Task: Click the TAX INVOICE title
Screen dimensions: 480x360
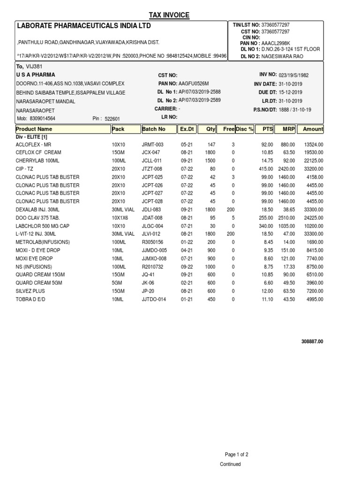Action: click(x=169, y=15)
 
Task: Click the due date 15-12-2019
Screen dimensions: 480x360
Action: click(x=291, y=92)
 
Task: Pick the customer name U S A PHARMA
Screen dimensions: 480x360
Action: click(x=36, y=75)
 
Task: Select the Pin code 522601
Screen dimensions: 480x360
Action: click(x=112, y=119)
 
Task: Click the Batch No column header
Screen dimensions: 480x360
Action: click(x=154, y=129)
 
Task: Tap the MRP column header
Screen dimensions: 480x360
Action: click(x=288, y=129)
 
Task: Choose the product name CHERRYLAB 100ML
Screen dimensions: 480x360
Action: click(x=36, y=160)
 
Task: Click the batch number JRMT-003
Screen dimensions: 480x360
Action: click(x=153, y=145)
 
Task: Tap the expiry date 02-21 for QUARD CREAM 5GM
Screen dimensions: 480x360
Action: click(x=187, y=283)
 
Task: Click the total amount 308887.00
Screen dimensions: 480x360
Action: click(x=312, y=342)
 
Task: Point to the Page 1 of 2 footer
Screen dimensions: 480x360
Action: click(x=237, y=454)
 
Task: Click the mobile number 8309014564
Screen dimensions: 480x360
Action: click(x=43, y=119)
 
